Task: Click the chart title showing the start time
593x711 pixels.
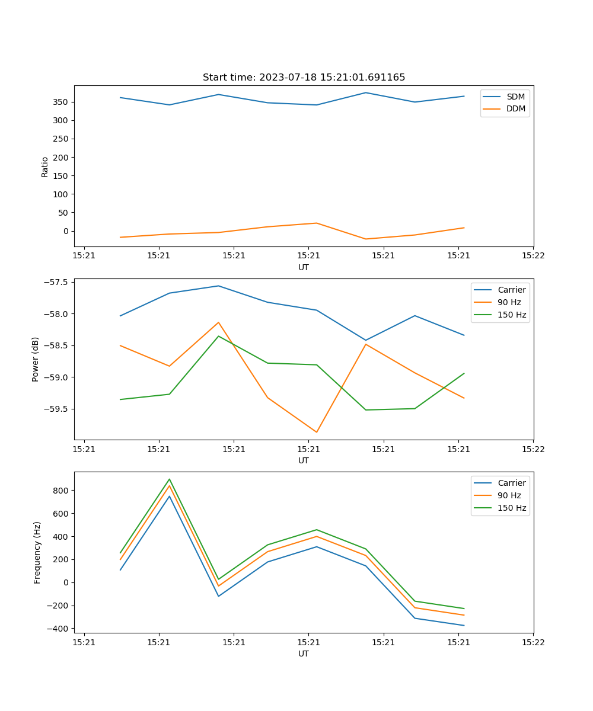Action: pos(304,78)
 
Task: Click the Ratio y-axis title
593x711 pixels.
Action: pos(45,166)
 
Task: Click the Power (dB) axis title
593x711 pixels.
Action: pos(36,359)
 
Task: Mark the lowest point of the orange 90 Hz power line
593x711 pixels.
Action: pos(317,432)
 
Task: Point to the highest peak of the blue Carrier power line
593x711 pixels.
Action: pos(218,286)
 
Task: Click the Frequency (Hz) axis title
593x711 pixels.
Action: pos(37,552)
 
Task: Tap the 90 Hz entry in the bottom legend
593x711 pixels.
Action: pos(509,495)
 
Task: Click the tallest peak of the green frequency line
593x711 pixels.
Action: pos(170,479)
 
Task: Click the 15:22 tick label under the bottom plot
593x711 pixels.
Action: pos(533,642)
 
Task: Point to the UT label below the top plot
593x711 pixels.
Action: pos(304,267)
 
